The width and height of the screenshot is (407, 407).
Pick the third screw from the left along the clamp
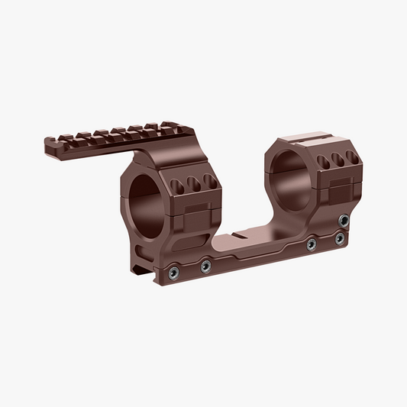click(x=312, y=244)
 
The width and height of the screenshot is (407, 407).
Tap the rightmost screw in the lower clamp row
click(x=339, y=238)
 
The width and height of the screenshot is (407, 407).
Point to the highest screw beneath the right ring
click(x=345, y=220)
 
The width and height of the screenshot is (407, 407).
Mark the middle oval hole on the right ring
click(x=336, y=160)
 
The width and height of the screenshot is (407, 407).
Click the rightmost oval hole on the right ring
click(x=350, y=157)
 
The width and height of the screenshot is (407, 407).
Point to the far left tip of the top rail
click(x=47, y=141)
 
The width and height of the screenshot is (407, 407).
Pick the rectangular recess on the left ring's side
click(x=194, y=214)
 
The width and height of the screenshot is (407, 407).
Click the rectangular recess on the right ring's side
click(x=336, y=192)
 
